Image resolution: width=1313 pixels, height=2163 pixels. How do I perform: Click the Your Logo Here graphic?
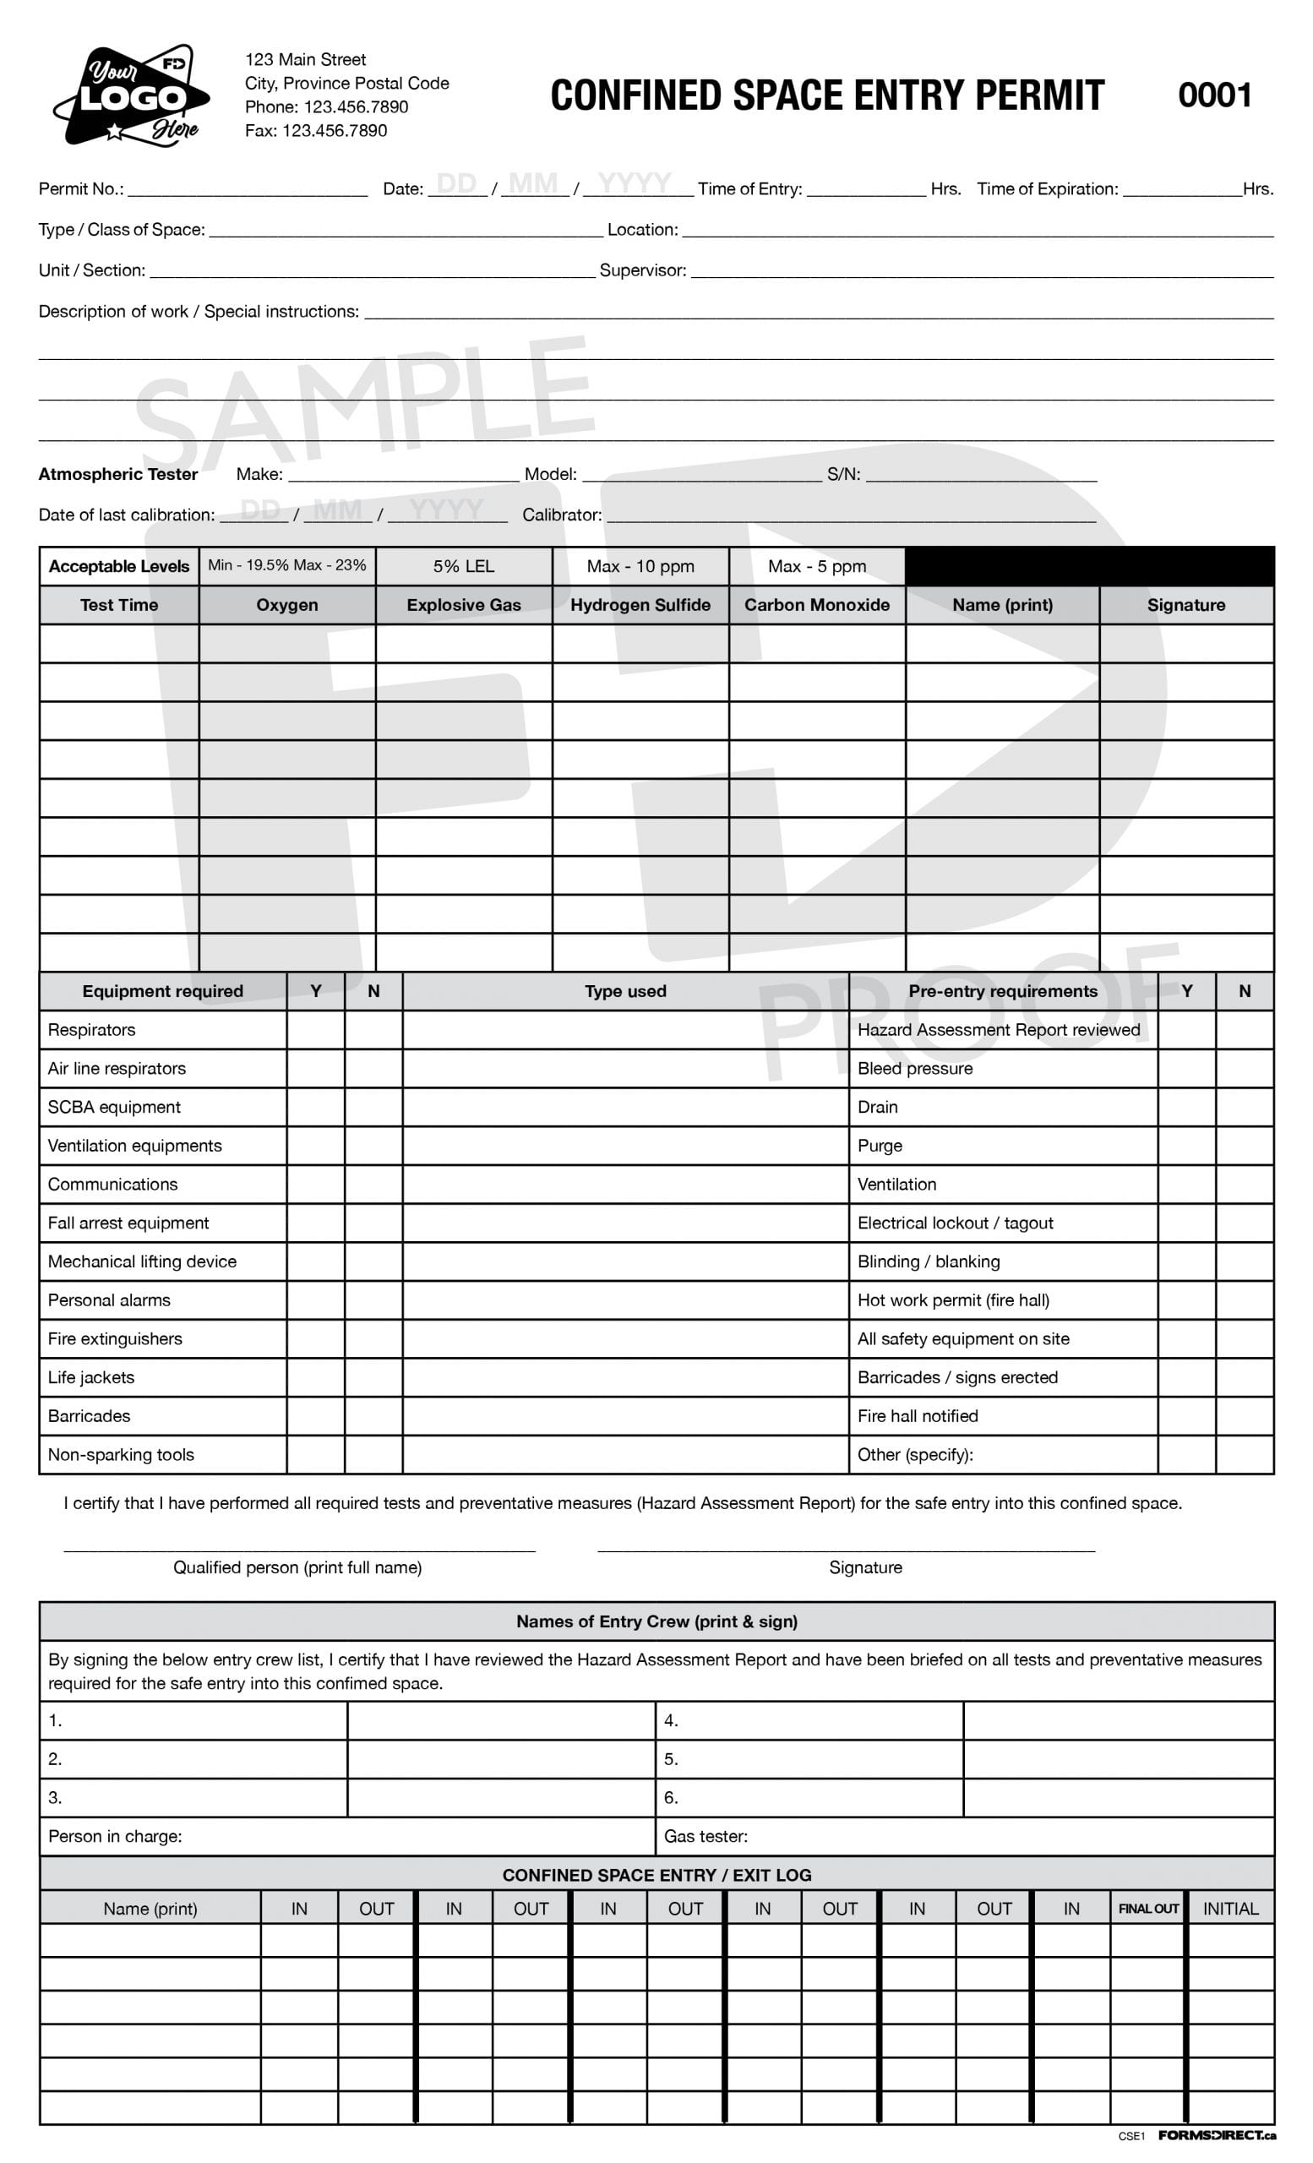[x=132, y=95]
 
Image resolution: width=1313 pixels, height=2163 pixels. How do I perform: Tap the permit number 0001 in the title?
[x=1214, y=95]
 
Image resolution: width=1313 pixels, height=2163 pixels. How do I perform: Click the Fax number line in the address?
[x=315, y=131]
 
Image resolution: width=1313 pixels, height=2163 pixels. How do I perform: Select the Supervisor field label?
[x=642, y=270]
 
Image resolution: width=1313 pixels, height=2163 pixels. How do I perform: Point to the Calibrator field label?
[x=562, y=515]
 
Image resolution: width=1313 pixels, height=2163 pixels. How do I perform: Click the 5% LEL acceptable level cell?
[x=463, y=566]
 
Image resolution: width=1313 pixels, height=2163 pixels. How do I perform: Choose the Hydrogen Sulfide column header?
[x=640, y=605]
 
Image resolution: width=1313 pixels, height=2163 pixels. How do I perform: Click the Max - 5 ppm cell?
[x=816, y=566]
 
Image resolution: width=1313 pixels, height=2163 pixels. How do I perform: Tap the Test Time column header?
[x=119, y=605]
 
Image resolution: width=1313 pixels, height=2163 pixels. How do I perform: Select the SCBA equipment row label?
[x=114, y=1107]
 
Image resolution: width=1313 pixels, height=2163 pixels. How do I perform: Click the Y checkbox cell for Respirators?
[x=315, y=1030]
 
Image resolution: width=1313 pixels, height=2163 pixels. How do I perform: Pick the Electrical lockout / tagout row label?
[x=955, y=1223]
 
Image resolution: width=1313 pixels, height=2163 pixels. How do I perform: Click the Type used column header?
[x=625, y=991]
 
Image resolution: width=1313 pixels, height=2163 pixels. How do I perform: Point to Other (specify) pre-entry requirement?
[x=914, y=1455]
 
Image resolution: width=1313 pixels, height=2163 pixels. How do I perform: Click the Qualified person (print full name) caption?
[x=297, y=1567]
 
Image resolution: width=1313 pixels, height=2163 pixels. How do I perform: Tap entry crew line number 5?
[x=671, y=1759]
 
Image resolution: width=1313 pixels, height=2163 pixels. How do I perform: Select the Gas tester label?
[x=705, y=1837]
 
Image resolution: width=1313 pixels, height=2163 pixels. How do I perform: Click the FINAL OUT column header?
[x=1147, y=1909]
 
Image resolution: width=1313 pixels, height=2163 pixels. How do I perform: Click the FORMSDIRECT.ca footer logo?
[x=1216, y=2136]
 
